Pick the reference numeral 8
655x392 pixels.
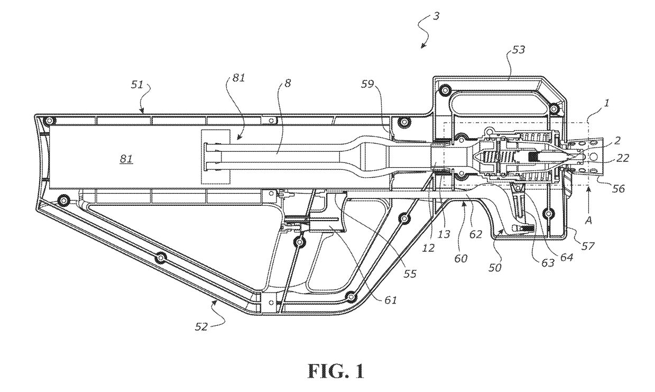coord(287,84)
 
